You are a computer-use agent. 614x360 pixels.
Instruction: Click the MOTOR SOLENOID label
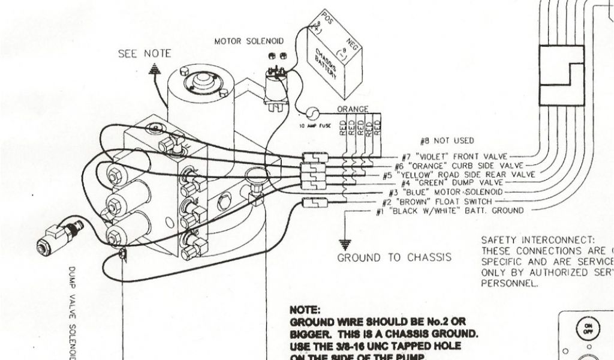click(248, 41)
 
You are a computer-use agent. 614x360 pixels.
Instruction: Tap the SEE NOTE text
click(144, 54)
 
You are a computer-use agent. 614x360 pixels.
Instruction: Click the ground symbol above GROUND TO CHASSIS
click(344, 243)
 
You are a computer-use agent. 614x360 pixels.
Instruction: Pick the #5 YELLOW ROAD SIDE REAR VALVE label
click(459, 174)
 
